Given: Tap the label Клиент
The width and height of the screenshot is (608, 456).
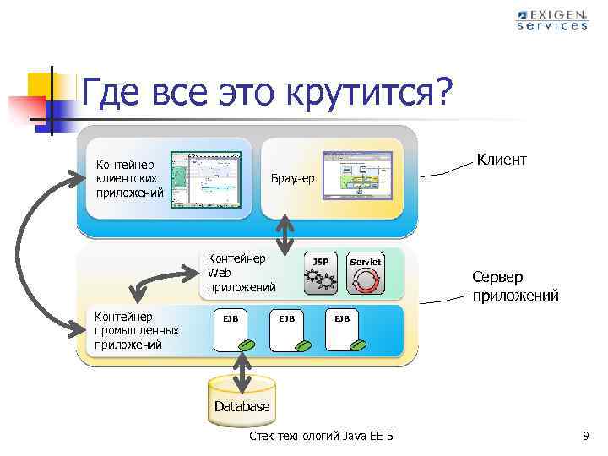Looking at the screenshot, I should point(502,159).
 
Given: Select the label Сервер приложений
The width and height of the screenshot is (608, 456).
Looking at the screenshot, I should point(503,286).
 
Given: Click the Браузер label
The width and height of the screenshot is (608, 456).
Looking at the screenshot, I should point(292,179).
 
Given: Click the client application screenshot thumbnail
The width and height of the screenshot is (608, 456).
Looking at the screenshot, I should point(205,179).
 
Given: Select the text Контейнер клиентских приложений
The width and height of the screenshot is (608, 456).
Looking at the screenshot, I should point(129,178).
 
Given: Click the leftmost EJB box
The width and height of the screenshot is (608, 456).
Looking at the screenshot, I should point(231,332).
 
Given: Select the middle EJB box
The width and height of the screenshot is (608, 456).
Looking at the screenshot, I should point(287,332).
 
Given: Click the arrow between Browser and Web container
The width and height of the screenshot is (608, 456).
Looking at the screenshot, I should point(286,234).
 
